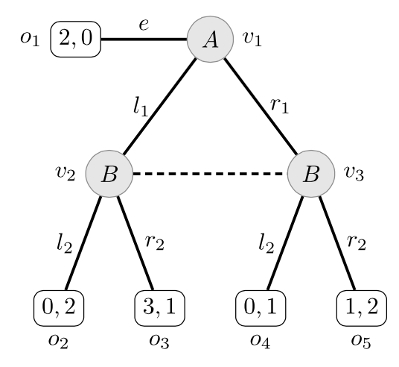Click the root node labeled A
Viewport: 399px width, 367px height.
(x=210, y=39)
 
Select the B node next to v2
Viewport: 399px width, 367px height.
(x=109, y=175)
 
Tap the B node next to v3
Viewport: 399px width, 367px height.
(x=311, y=175)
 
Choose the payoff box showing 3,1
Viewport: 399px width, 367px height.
(x=159, y=306)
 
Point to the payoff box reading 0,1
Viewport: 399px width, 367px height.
(x=261, y=306)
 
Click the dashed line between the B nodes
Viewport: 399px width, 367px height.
(x=210, y=175)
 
